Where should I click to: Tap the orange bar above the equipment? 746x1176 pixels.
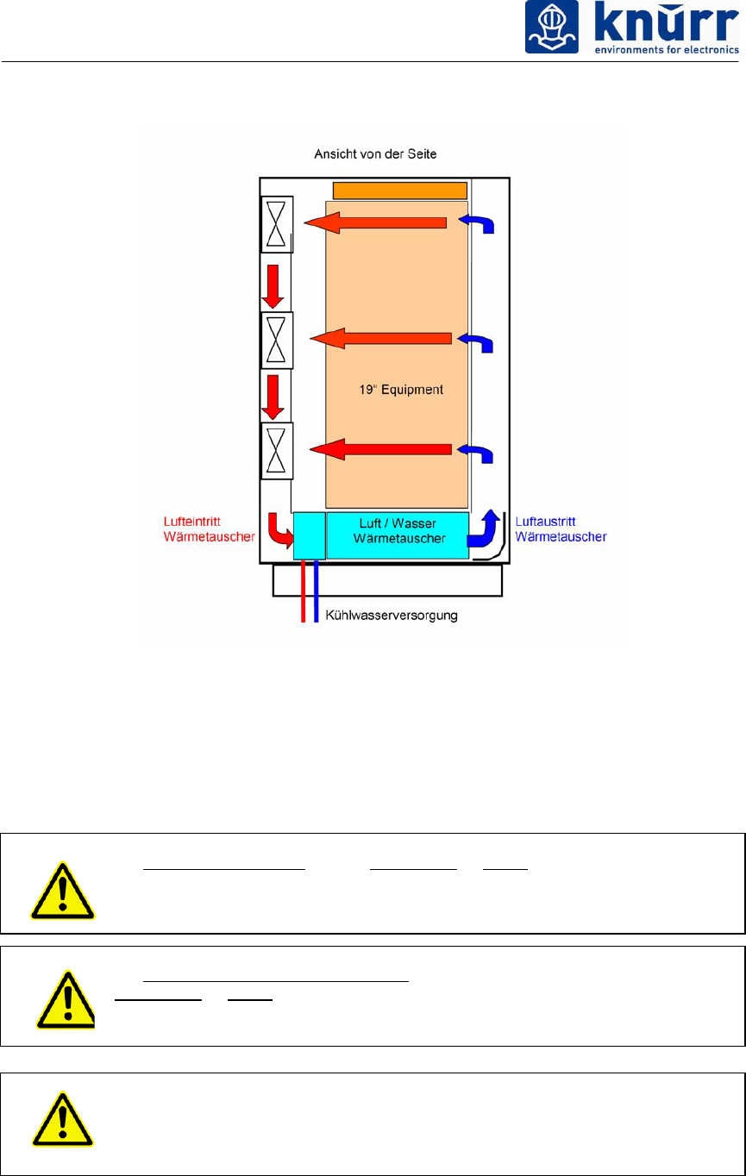point(400,191)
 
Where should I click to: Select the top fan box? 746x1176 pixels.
point(277,224)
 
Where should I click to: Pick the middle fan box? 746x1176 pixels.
point(277,341)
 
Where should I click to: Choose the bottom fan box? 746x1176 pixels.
point(277,451)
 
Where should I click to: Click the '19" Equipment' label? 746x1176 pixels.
point(401,390)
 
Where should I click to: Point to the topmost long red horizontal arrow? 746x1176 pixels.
point(375,223)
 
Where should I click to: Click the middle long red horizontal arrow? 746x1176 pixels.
point(379,339)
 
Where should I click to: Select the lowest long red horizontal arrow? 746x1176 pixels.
point(379,449)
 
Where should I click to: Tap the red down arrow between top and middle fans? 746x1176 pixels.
point(273,285)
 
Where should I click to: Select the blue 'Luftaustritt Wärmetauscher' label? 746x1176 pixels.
point(561,529)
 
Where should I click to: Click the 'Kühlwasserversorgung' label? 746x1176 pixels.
point(392,616)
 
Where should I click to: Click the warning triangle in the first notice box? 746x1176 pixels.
point(63,889)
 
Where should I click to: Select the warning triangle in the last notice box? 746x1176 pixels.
point(63,1121)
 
